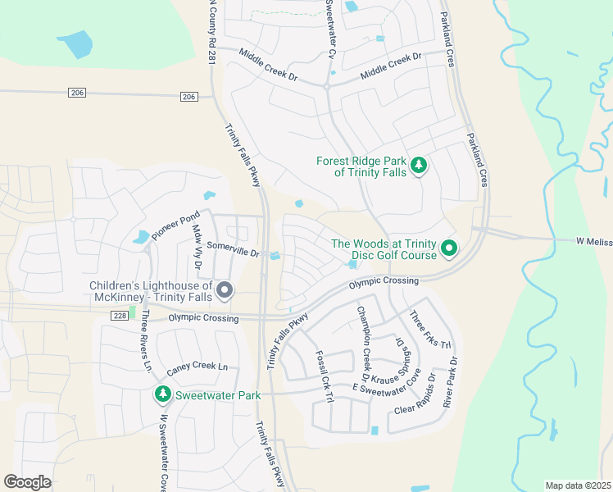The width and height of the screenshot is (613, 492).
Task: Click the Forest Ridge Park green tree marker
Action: [x=419, y=166]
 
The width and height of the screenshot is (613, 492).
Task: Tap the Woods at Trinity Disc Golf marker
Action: [x=448, y=247]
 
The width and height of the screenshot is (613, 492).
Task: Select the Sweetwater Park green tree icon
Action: [x=163, y=395]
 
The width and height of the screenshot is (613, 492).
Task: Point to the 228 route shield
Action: [x=120, y=316]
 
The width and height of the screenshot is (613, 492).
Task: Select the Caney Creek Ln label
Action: [x=198, y=367]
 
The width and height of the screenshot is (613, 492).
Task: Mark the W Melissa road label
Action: [x=593, y=241]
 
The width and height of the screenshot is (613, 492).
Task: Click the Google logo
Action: [x=27, y=482]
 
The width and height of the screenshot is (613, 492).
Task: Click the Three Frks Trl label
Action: [x=431, y=330]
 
